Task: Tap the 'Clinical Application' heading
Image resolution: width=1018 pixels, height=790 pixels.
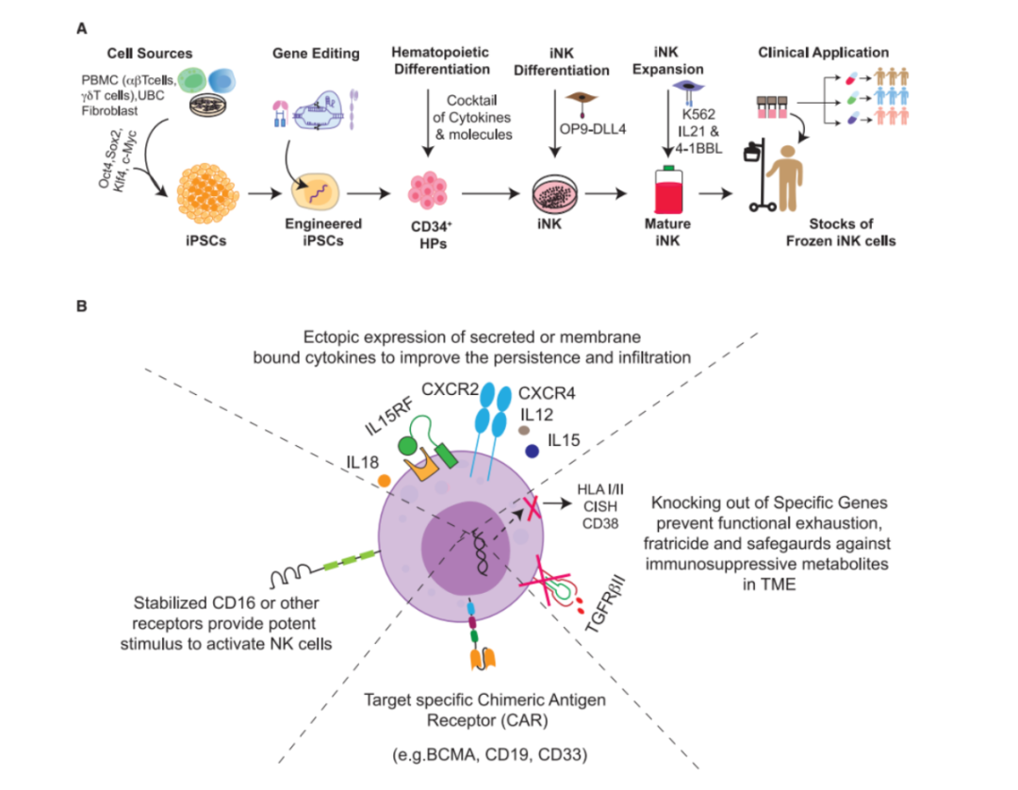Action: pos(823,53)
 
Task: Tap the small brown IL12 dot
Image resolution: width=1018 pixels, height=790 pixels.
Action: pos(524,430)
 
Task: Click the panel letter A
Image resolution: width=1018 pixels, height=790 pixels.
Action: pos(82,28)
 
